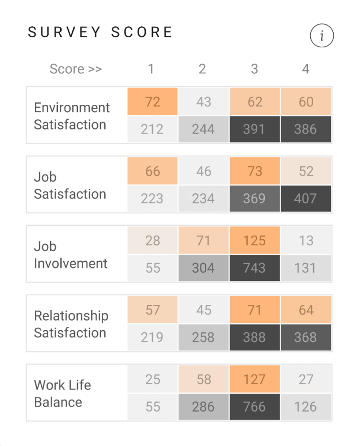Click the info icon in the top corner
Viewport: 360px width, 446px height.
point(322,36)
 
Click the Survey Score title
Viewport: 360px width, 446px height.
point(100,33)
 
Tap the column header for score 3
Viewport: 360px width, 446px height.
point(254,69)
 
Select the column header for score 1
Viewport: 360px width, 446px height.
point(151,69)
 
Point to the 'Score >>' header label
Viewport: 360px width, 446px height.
point(76,69)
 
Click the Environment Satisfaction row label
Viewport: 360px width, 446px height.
point(72,116)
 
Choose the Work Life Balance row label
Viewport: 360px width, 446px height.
point(62,393)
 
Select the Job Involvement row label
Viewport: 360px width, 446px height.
point(71,255)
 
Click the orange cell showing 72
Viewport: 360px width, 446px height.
point(153,101)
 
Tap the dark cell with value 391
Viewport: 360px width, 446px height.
point(254,129)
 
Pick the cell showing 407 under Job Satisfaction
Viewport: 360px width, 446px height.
point(305,199)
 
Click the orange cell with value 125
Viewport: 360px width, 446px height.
point(254,240)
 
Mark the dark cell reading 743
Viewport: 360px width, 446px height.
point(254,268)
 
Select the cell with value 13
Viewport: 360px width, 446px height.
point(305,240)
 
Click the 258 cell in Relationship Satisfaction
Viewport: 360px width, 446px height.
point(203,337)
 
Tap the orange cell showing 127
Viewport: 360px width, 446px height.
point(254,379)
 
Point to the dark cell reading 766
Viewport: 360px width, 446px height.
point(254,407)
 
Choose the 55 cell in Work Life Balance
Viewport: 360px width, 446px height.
point(153,407)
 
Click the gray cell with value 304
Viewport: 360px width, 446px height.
point(203,268)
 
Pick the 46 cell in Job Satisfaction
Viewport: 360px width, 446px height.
point(203,171)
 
